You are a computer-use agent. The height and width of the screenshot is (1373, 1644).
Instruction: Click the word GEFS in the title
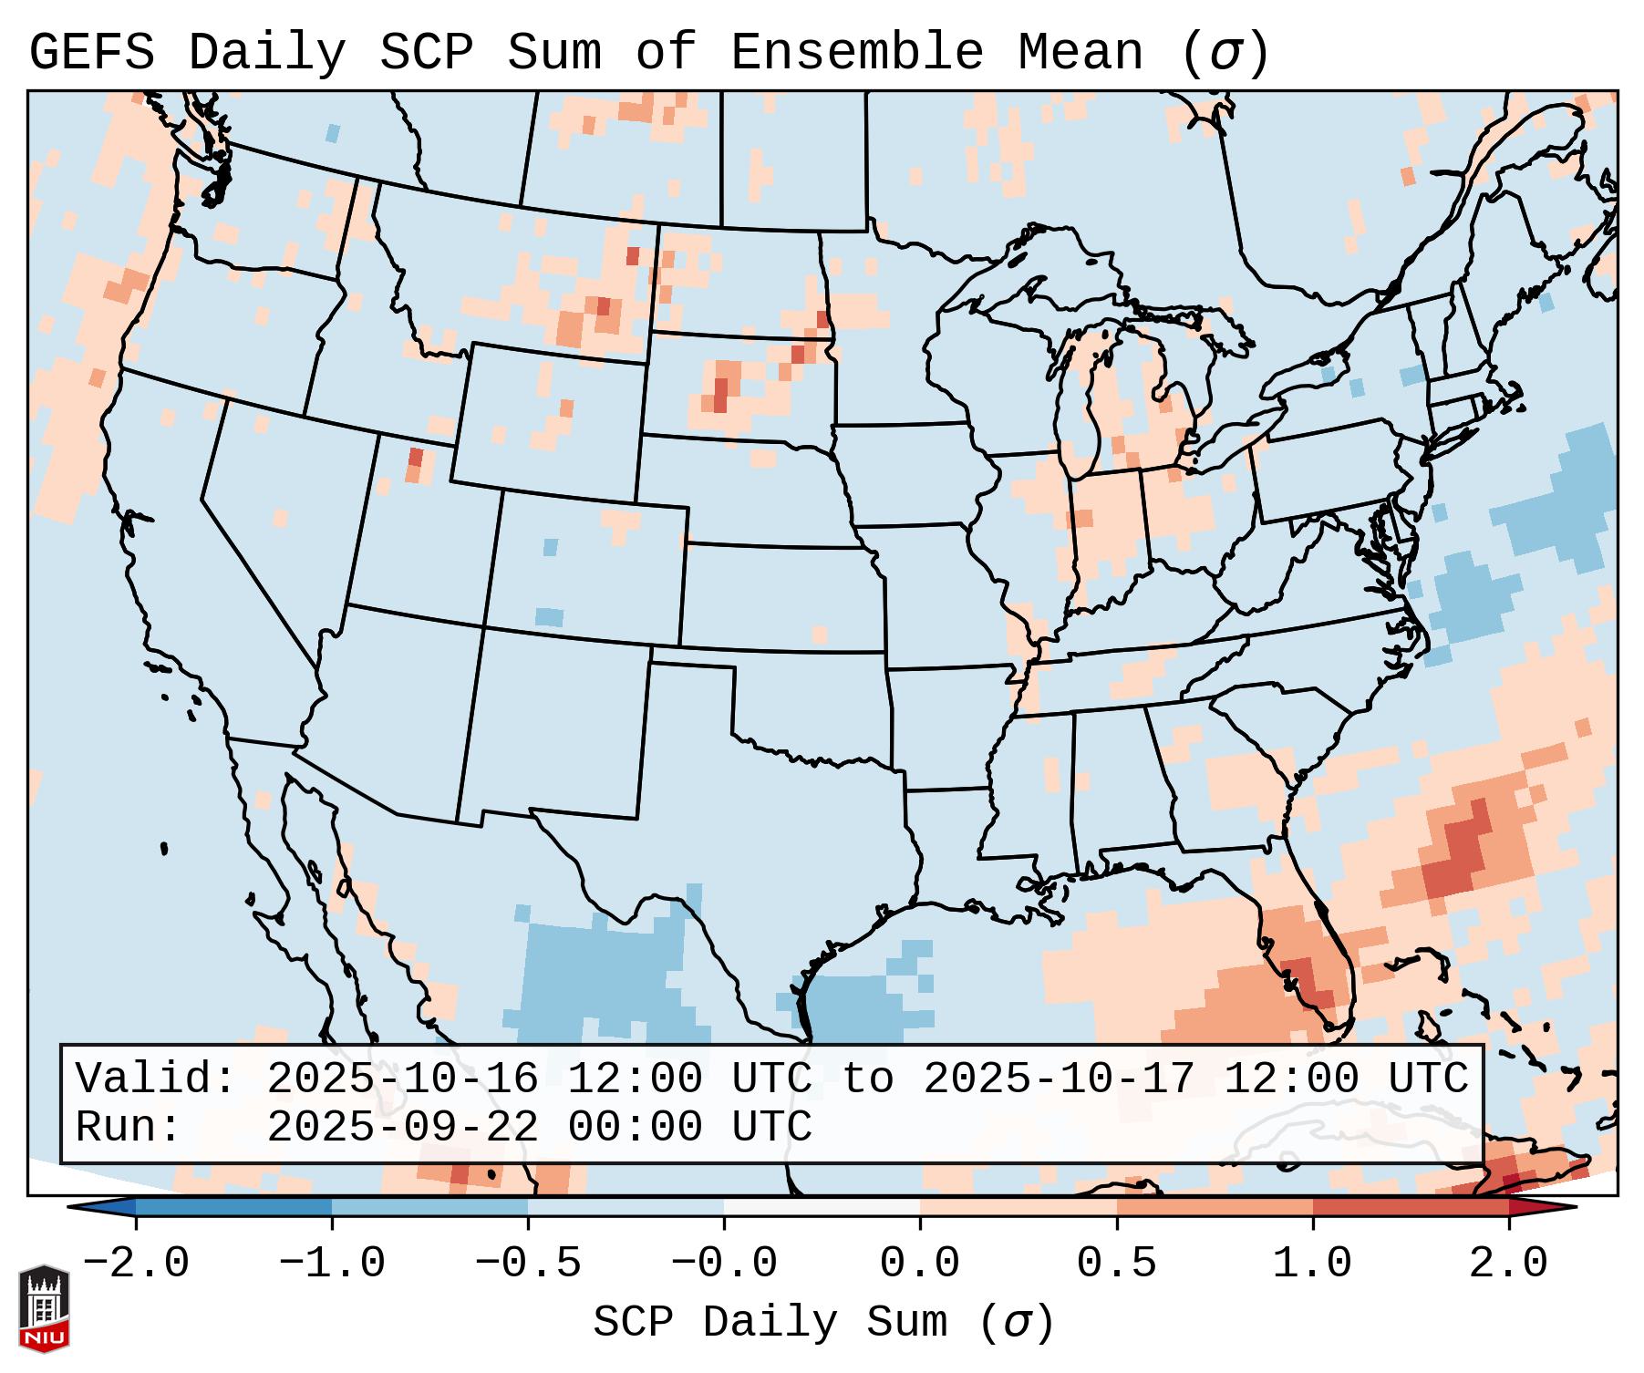91,52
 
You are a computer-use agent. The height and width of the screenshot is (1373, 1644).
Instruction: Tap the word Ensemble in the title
857,52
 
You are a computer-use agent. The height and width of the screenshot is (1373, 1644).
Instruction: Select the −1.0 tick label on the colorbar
331,1264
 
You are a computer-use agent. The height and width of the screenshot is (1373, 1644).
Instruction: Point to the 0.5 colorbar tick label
1116,1264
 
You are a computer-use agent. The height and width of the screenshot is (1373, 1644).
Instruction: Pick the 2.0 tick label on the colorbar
1508,1264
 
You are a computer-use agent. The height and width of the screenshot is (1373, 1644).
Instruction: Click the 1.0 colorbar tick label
1312,1264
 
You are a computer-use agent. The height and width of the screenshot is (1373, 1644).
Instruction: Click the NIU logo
44,1308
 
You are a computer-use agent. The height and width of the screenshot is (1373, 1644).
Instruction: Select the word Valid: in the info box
156,1079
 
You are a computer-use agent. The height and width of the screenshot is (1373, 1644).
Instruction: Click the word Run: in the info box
129,1128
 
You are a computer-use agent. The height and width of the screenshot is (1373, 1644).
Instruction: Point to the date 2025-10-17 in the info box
1059,1079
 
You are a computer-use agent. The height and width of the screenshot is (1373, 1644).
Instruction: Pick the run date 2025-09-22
402,1128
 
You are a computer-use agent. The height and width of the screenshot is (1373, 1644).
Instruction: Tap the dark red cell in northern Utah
416,458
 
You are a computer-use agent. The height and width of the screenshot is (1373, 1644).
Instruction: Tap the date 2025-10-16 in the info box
402,1079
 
